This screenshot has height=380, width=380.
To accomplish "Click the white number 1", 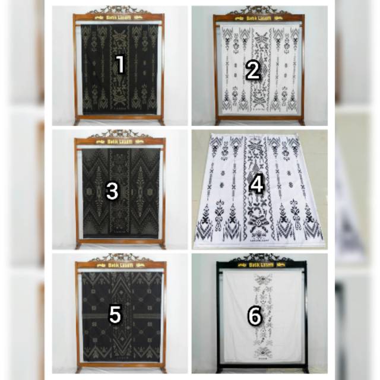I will [x=120, y=65].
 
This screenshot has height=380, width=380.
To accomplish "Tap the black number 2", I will [x=254, y=71].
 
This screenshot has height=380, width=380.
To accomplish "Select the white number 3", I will [x=112, y=191].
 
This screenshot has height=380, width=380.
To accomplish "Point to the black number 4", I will [x=256, y=185].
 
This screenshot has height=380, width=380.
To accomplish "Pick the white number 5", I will [x=115, y=315].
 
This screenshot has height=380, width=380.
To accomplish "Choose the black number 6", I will [x=254, y=317].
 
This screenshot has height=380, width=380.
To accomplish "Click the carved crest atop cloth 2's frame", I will [x=258, y=10].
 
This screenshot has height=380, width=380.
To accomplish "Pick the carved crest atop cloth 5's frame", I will [x=121, y=258].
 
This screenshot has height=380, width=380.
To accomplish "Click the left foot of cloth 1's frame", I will [x=77, y=122].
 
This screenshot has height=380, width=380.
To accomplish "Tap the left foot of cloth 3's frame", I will [x=78, y=245].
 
